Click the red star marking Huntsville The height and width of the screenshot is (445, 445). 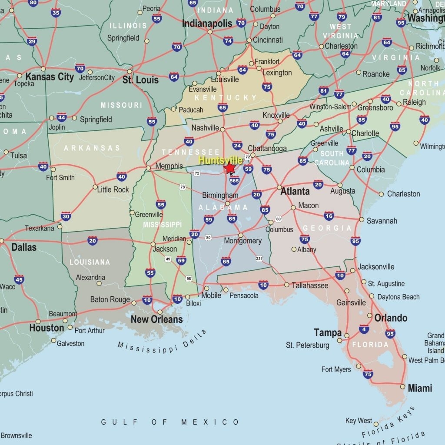[x=229, y=168]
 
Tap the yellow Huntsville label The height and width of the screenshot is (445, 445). [x=220, y=160]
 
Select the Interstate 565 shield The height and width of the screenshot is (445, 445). [x=235, y=180]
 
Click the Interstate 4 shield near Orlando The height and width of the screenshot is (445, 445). [x=364, y=329]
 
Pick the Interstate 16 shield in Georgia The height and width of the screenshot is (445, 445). [x=329, y=216]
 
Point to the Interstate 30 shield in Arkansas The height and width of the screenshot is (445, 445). [x=66, y=216]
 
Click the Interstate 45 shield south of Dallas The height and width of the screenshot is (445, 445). [x=19, y=279]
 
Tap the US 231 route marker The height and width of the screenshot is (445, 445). [x=259, y=259]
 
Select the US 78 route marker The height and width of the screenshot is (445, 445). [x=183, y=187]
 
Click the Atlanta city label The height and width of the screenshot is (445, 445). [x=295, y=191]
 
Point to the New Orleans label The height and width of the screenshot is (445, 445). [x=156, y=319]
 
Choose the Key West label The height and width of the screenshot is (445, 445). [x=359, y=421]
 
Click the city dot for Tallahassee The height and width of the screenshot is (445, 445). [x=287, y=285]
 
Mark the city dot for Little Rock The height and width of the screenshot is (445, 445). [x=95, y=187]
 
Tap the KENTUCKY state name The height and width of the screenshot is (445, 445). [x=226, y=98]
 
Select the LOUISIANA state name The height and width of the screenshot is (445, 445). [x=90, y=262]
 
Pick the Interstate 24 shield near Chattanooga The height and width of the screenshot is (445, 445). [x=237, y=145]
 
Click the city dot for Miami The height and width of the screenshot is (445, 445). [x=403, y=386]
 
